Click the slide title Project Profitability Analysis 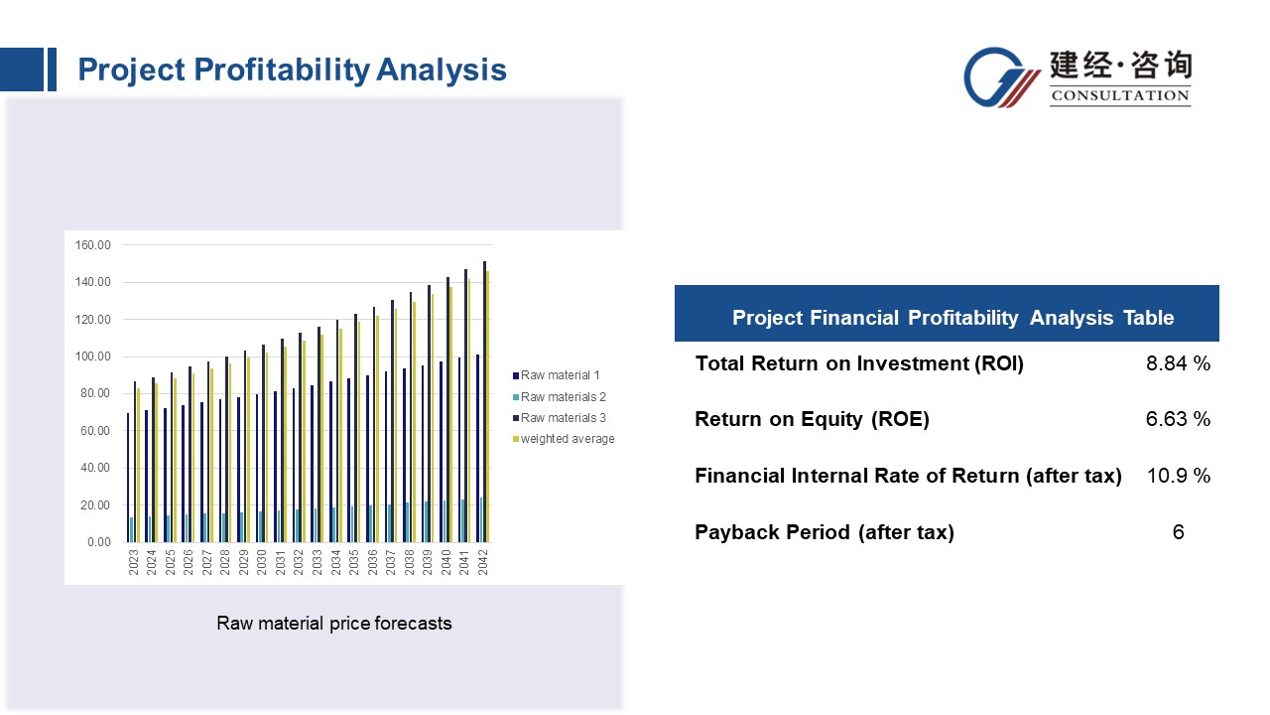tap(292, 70)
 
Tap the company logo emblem tap(1002, 77)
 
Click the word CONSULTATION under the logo tap(1120, 96)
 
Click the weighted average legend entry tap(567, 439)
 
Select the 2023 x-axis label tap(134, 562)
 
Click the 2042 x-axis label tap(482, 562)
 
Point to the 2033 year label tap(317, 562)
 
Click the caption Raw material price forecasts tap(334, 624)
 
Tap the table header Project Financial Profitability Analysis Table tap(952, 318)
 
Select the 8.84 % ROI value tap(1178, 363)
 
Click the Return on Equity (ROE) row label tap(812, 419)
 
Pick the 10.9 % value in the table tap(1178, 476)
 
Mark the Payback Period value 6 tap(1178, 532)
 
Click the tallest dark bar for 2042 tap(484, 402)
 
